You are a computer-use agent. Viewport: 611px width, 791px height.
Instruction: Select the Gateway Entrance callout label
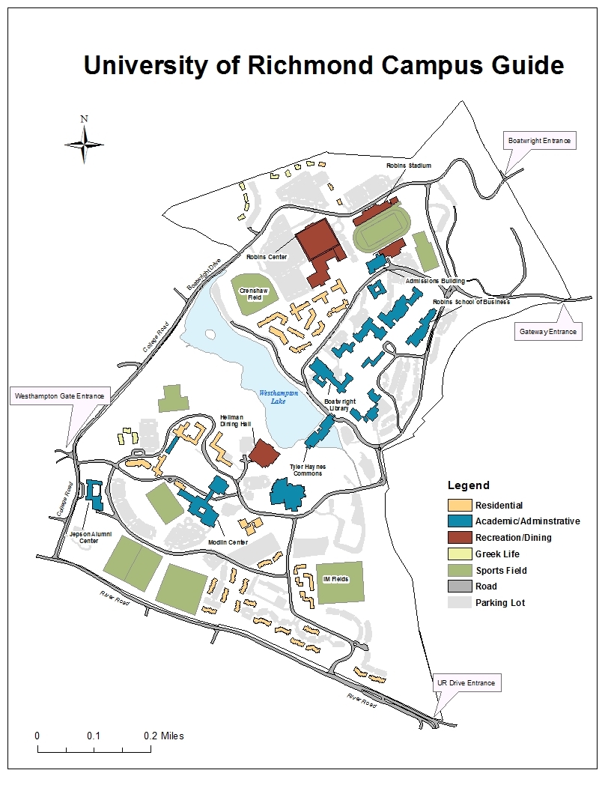[x=549, y=331]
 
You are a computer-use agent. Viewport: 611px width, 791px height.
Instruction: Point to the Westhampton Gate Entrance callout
[x=61, y=395]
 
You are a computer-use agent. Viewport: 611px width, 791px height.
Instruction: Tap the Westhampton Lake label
[x=279, y=397]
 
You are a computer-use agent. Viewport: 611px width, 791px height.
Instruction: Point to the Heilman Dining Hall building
[x=262, y=453]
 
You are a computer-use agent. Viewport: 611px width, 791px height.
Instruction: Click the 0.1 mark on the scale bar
[x=94, y=736]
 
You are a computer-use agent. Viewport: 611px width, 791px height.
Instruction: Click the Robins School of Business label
[x=470, y=302]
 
